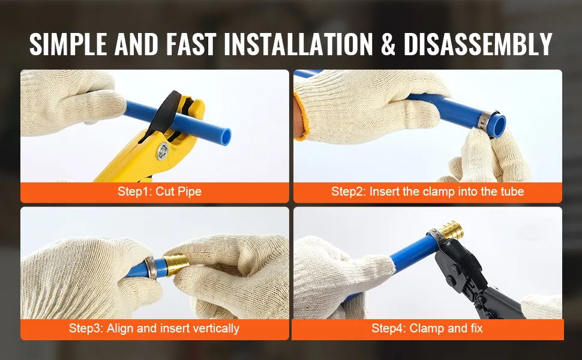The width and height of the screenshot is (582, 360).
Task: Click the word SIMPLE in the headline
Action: [68, 44]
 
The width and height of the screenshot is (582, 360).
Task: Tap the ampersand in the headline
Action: [388, 44]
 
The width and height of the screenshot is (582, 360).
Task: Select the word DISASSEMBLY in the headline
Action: [478, 44]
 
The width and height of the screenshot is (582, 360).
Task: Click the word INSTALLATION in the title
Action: [298, 44]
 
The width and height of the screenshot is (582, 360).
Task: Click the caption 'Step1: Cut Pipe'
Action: [160, 191]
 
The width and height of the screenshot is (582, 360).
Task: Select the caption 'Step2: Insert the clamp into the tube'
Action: [428, 191]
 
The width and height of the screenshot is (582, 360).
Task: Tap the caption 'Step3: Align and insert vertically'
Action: [154, 328]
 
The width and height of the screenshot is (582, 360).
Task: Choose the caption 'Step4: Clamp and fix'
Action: [427, 328]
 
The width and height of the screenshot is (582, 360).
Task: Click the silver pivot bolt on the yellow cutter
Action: [163, 151]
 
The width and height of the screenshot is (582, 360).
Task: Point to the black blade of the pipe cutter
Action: [163, 112]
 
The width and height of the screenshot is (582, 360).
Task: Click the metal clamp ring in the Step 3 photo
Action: [151, 268]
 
